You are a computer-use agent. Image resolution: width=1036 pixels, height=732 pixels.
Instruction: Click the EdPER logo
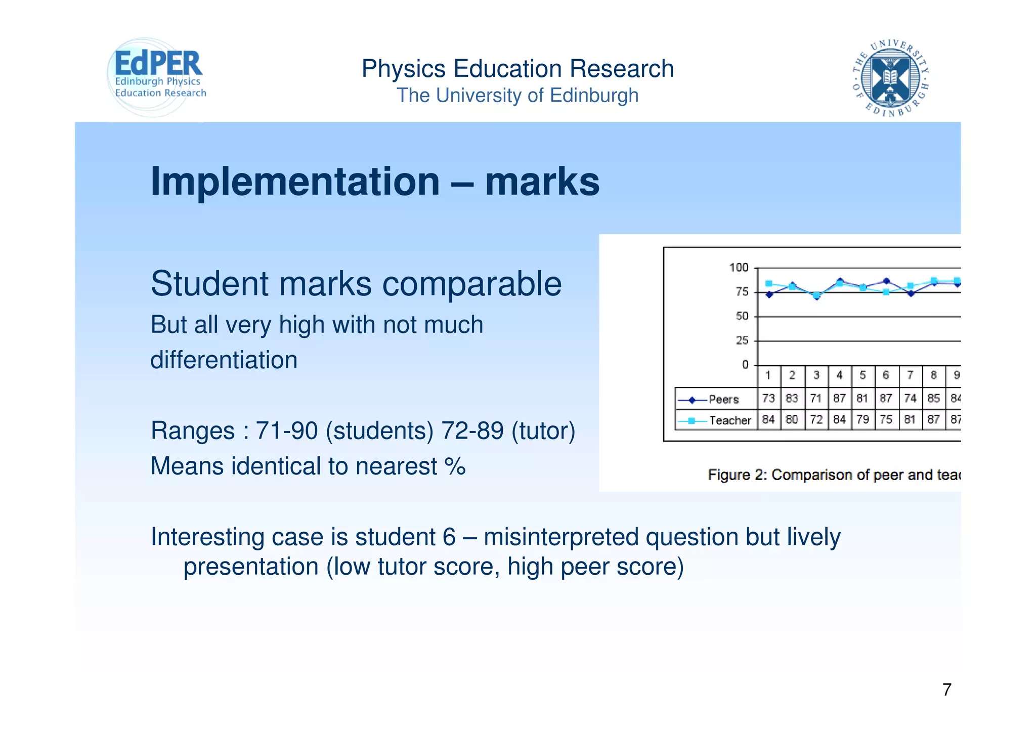tap(157, 76)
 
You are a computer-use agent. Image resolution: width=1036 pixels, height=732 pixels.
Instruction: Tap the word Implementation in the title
tap(295, 182)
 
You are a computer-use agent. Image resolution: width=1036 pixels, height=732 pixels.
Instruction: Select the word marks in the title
tap(542, 182)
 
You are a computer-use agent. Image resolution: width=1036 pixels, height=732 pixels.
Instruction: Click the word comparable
tap(471, 284)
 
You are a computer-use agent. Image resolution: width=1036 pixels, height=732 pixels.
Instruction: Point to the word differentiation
tap(224, 360)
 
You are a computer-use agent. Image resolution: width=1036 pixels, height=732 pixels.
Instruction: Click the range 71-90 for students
tap(286, 431)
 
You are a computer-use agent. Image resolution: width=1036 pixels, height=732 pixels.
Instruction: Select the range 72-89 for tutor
tap(472, 431)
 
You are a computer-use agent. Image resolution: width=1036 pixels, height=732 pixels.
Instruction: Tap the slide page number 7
tap(947, 690)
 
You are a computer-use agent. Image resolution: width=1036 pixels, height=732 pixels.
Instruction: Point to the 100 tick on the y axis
tap(739, 268)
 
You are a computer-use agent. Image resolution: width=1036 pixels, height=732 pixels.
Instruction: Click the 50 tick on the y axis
tap(742, 316)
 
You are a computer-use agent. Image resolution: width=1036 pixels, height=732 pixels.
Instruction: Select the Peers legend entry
tap(716, 399)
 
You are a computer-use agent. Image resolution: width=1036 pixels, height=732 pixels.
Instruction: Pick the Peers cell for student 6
tap(886, 399)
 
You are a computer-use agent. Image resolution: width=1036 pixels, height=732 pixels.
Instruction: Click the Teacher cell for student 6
tap(886, 420)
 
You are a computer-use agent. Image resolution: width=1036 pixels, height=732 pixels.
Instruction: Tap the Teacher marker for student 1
tap(769, 284)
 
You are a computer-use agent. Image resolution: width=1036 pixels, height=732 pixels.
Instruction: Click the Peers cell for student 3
tap(815, 399)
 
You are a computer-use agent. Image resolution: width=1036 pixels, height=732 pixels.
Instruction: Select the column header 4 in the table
tap(839, 375)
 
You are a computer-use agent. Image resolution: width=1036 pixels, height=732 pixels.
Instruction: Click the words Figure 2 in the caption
tap(737, 475)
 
